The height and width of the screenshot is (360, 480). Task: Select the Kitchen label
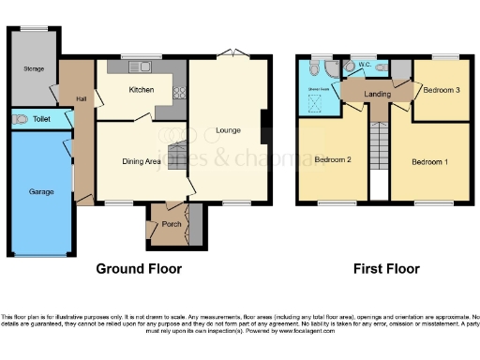142,90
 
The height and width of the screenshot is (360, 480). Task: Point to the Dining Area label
142,161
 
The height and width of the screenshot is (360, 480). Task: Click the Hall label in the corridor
82,99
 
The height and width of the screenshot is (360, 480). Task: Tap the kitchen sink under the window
146,67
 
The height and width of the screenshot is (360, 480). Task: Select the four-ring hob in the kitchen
176,91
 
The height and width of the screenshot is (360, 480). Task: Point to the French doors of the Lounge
230,52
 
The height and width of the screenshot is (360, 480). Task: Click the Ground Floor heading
139,269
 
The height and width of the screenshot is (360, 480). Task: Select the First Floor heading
386,269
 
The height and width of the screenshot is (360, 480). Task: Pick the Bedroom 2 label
332,160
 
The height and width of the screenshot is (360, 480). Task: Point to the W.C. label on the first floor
367,65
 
